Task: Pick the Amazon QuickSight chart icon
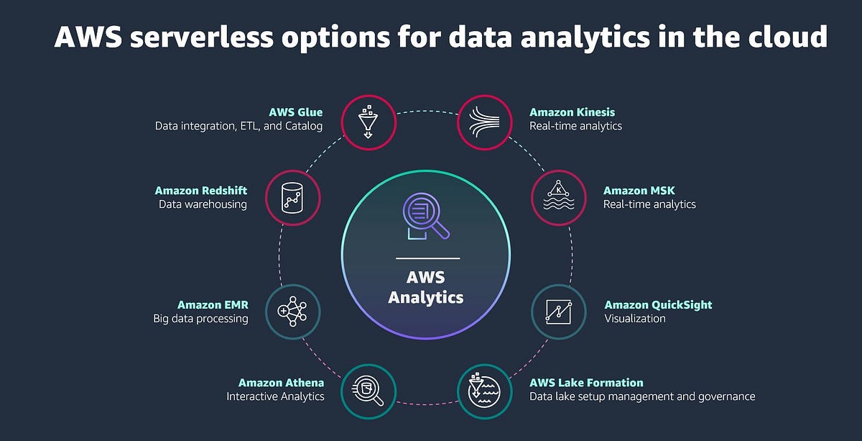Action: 558,312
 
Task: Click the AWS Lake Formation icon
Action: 484,391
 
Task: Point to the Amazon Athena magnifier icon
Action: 367,391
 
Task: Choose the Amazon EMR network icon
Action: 292,312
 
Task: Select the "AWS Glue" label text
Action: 296,112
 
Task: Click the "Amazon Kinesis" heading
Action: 572,112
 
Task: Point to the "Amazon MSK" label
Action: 639,191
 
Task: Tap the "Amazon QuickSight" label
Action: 658,305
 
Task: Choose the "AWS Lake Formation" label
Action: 586,383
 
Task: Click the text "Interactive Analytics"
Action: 275,396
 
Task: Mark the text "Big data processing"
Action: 200,319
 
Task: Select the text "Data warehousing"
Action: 203,204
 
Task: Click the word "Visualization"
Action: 634,318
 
